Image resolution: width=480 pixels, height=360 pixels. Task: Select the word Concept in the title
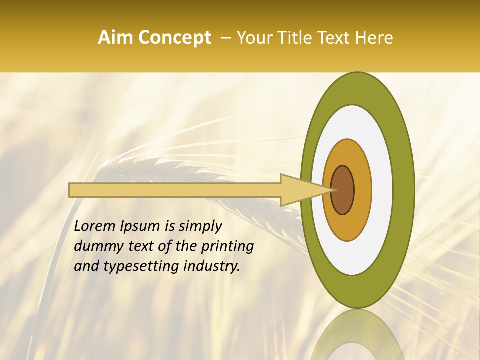pyautogui.click(x=174, y=38)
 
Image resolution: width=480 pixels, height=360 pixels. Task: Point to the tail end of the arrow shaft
pyautogui.click(x=72, y=190)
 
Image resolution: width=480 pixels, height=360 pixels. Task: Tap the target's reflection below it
pyautogui.click(x=357, y=337)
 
